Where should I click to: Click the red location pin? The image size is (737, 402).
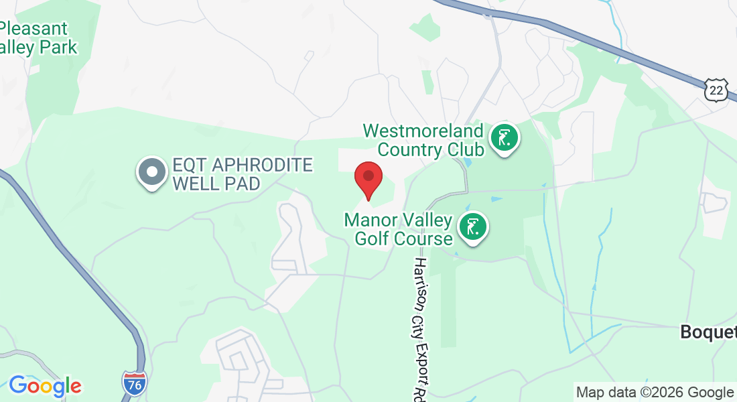tap(368, 178)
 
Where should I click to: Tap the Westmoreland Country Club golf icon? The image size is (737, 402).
tap(505, 139)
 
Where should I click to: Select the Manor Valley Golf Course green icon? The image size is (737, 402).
tap(473, 228)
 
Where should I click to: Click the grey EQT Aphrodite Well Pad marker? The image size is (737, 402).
tap(152, 172)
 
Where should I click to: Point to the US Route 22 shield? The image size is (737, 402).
tap(716, 89)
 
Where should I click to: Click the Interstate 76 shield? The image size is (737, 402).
tap(134, 382)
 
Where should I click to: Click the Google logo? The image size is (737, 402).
tap(45, 385)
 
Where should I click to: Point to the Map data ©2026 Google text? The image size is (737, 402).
tap(655, 392)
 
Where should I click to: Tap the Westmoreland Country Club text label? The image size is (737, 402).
tap(423, 139)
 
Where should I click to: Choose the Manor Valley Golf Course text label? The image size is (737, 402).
tap(398, 229)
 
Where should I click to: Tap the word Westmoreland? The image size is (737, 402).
tap(423, 130)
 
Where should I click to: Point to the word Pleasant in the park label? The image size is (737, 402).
tap(35, 29)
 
